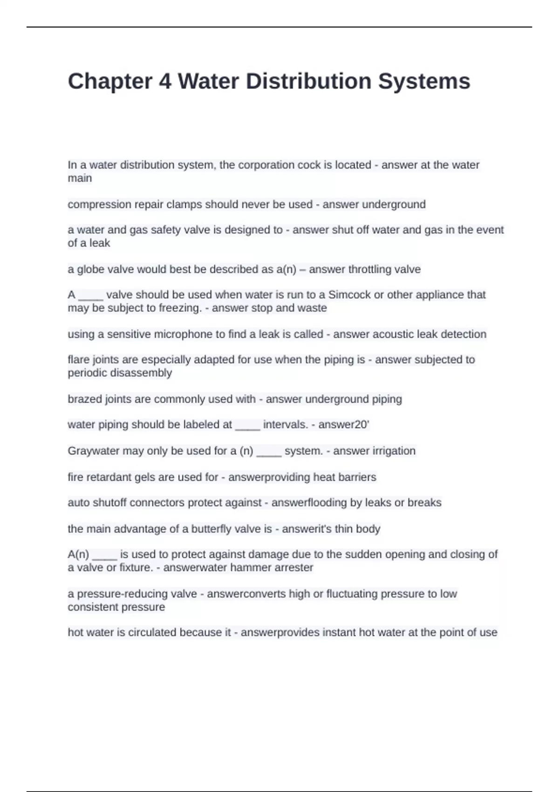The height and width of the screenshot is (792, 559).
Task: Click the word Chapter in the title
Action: click(x=110, y=82)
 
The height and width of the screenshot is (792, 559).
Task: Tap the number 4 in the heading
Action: click(x=165, y=82)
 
